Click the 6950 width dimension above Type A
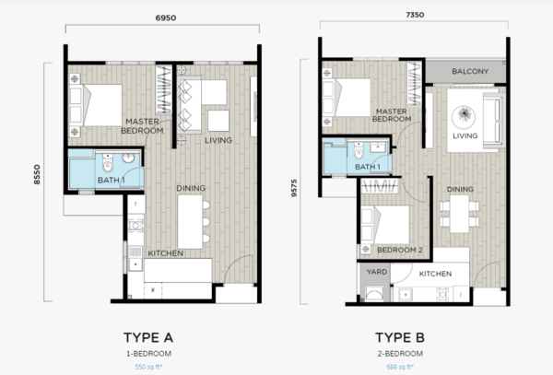click(166, 18)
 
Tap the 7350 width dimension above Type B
click(415, 15)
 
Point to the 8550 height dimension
click(37, 174)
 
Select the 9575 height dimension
click(294, 188)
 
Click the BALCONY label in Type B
click(470, 71)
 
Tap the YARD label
click(377, 272)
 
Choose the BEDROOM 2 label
click(400, 250)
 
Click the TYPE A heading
click(148, 337)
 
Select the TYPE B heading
click(400, 337)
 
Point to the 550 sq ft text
click(148, 367)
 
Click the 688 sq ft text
click(400, 367)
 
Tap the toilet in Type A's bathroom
click(107, 162)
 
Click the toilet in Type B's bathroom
click(359, 150)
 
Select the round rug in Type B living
click(463, 116)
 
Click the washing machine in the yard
click(374, 294)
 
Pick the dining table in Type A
click(190, 222)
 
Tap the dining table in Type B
click(460, 213)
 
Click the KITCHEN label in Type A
click(165, 253)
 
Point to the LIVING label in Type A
click(218, 140)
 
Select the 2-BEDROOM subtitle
click(400, 354)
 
